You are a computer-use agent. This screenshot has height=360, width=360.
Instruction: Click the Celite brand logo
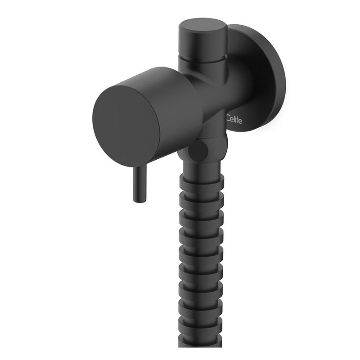tap(234, 120)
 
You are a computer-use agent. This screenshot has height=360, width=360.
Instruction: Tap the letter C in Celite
tap(228, 118)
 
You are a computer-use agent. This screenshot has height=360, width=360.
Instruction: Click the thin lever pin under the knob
tap(139, 183)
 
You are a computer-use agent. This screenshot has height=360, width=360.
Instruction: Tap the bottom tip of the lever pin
tap(139, 202)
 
